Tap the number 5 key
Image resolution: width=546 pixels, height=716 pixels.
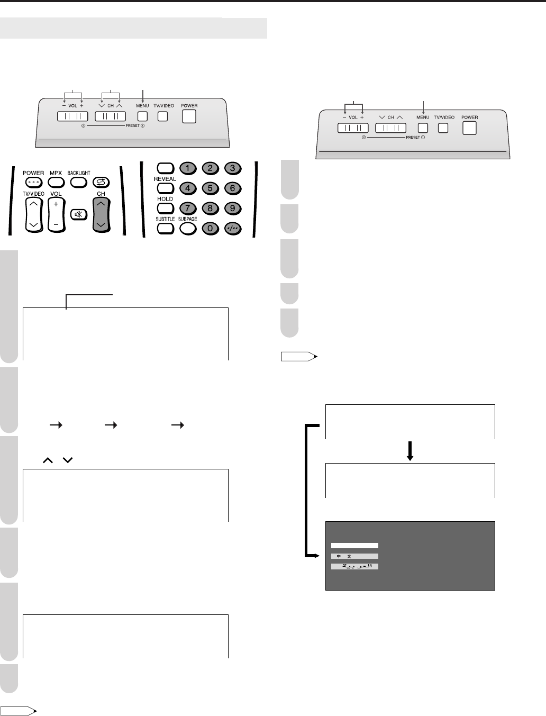(210, 188)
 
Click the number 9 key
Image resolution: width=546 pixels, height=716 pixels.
(232, 208)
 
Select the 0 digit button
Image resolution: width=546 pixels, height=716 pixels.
(210, 229)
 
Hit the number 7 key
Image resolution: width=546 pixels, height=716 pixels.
(187, 208)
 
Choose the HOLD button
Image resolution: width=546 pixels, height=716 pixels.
(166, 208)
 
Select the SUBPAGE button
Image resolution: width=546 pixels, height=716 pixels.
(188, 229)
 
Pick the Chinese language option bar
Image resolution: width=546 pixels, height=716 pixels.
(354, 556)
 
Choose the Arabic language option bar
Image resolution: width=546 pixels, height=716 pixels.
(354, 566)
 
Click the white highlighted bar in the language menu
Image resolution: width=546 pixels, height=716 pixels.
(354, 545)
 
